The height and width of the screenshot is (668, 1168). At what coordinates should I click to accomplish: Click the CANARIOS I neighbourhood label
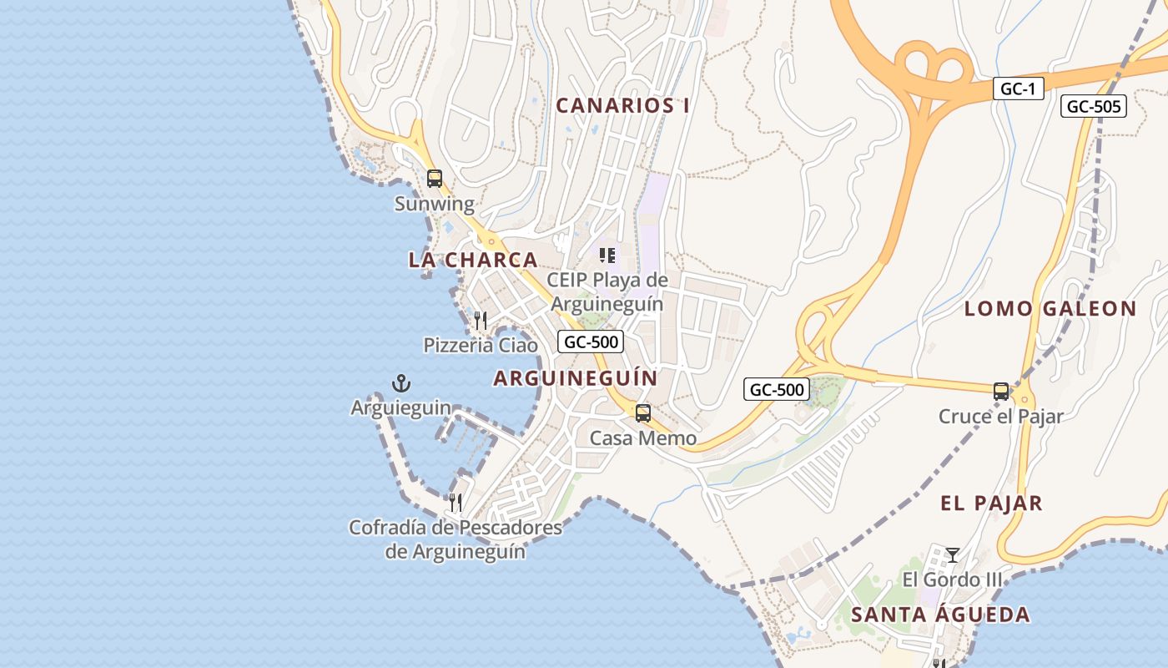(622, 106)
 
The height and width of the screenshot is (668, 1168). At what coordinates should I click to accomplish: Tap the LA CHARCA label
(472, 260)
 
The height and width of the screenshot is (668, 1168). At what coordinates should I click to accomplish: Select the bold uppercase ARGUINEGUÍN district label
(576, 378)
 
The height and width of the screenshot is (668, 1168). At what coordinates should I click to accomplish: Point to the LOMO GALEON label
(1050, 309)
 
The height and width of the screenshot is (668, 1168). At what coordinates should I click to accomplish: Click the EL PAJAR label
(991, 504)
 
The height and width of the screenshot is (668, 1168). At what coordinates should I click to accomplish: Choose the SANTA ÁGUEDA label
(940, 615)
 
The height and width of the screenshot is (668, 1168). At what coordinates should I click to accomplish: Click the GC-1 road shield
(1018, 89)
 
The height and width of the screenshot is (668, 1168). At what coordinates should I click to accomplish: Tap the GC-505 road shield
(1094, 106)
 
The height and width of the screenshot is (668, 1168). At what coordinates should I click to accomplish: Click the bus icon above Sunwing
(435, 178)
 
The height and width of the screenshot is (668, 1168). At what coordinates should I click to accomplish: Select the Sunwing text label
(434, 204)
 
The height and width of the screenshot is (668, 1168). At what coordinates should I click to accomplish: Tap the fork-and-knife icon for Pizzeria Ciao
(480, 321)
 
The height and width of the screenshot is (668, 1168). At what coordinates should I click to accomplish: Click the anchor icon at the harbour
(401, 383)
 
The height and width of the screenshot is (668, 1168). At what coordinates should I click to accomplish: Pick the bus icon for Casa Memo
(642, 413)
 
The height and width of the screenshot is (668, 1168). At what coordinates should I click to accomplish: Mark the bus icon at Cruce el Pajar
(1000, 391)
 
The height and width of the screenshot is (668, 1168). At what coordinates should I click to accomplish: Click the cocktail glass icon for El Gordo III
(952, 554)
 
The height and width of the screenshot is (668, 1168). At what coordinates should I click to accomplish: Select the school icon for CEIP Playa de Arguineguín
(607, 255)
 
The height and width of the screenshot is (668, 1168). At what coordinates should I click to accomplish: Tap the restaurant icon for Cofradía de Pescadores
(455, 502)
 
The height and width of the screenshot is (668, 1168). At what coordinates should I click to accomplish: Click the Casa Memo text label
(642, 438)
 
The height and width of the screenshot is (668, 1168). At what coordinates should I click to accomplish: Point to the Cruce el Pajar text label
(1000, 416)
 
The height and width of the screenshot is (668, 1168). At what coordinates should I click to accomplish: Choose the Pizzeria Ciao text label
(480, 345)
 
